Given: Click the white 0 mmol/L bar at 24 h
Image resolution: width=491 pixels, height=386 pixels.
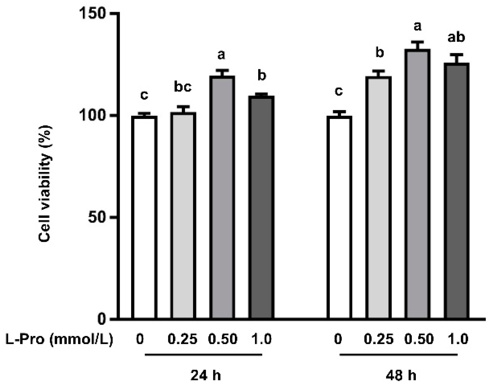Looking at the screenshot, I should [144, 218].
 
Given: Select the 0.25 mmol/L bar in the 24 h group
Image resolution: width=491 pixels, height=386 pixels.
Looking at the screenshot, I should [183, 216].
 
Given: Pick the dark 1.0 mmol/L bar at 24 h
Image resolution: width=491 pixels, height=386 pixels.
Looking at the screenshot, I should [261, 208].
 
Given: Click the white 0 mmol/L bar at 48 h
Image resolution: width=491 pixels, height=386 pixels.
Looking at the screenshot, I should [339, 218].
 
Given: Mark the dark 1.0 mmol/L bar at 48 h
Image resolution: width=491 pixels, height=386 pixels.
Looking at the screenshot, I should [457, 191].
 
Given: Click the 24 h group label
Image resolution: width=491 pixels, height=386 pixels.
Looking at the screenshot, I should [205, 376].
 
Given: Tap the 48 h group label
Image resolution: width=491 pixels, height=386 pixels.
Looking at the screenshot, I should [401, 376].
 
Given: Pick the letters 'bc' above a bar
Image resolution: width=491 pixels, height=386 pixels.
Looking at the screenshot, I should [183, 87].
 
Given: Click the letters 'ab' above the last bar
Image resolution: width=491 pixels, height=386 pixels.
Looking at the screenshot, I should [456, 37].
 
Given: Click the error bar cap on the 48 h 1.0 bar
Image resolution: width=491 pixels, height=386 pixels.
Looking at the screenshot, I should [457, 55].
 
